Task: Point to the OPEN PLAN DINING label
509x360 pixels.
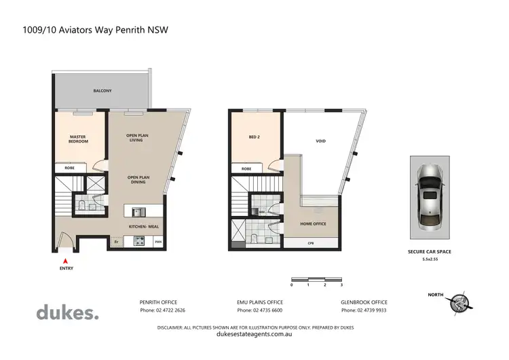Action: click(x=138, y=180)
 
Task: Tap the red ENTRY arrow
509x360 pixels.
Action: click(x=65, y=259)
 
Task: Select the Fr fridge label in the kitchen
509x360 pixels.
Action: click(x=116, y=241)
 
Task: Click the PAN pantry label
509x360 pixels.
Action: click(x=157, y=241)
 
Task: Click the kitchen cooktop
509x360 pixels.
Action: click(x=139, y=240)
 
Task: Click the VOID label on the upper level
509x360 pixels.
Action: click(x=320, y=141)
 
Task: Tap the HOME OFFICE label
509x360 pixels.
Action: click(x=314, y=223)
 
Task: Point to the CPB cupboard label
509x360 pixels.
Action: click(x=310, y=242)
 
